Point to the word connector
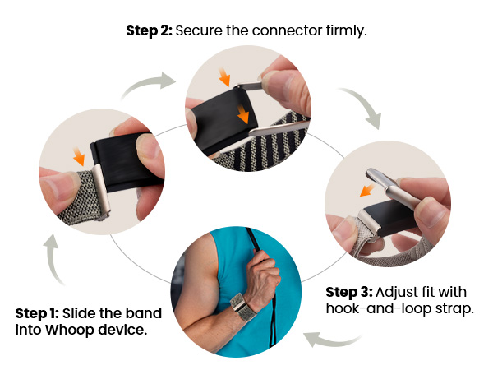click(278, 31)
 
